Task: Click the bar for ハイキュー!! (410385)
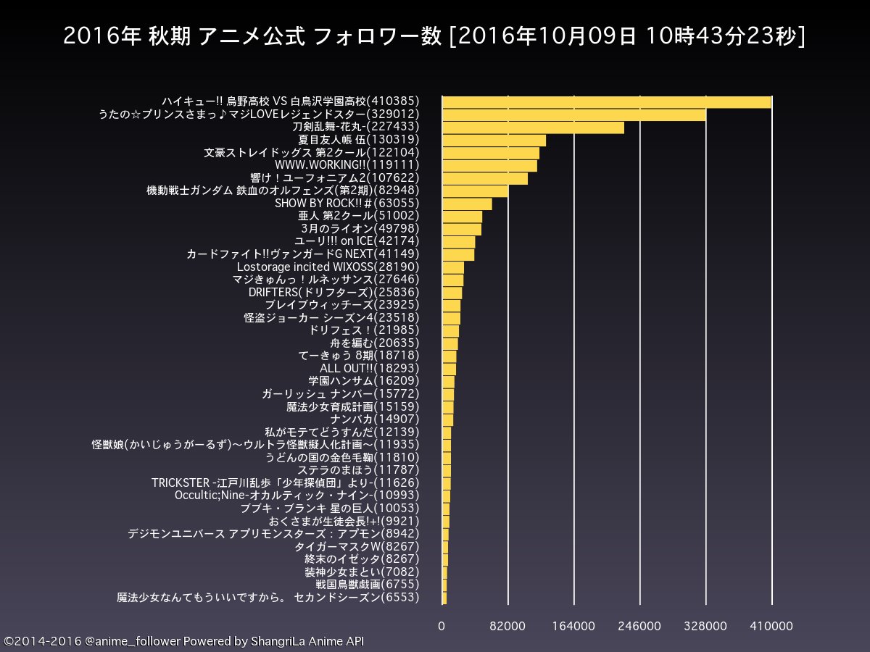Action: point(606,102)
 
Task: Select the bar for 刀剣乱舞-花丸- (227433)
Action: point(533,128)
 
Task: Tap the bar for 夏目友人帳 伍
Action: point(494,140)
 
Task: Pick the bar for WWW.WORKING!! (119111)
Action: point(489,166)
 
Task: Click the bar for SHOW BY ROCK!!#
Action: point(467,204)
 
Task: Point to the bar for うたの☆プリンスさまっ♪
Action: point(573,114)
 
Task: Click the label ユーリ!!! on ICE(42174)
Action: point(357,241)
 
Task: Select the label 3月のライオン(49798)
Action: point(360,229)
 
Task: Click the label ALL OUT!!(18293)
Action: point(370,368)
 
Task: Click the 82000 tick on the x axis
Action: point(508,626)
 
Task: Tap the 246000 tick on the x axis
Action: point(639,626)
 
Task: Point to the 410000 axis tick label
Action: point(771,626)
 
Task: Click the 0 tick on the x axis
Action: point(442,626)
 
